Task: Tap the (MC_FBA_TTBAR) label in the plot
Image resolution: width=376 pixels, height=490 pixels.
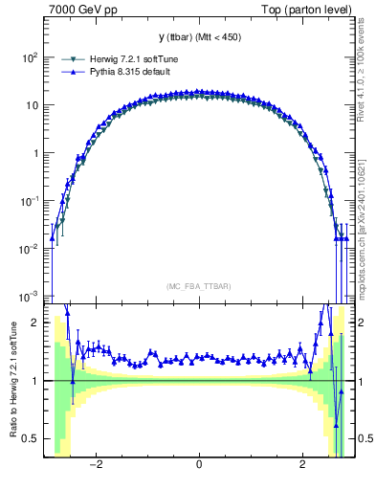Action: (x=198, y=286)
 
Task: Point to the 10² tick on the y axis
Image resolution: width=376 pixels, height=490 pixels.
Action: (x=29, y=57)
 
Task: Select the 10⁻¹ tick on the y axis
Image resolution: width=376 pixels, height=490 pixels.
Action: (x=29, y=201)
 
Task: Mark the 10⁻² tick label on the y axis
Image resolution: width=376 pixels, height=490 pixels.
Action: (x=29, y=249)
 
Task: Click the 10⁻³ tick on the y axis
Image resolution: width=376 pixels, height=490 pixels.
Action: (x=29, y=296)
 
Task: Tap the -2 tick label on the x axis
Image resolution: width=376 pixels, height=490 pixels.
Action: (x=95, y=466)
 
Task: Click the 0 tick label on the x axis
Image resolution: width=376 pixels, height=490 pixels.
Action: (x=198, y=466)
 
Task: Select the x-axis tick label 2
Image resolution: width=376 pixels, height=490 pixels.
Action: (x=301, y=466)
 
